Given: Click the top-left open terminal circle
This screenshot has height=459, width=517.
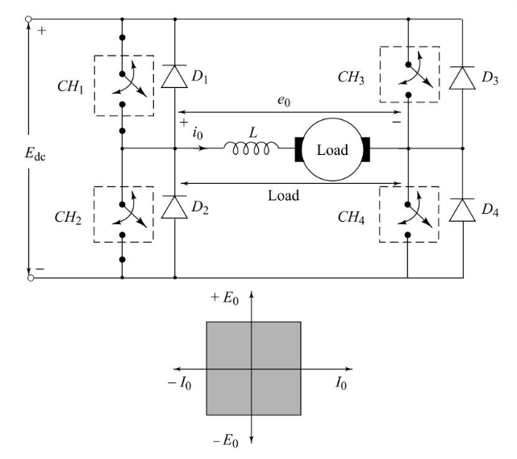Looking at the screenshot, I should (x=31, y=18).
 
